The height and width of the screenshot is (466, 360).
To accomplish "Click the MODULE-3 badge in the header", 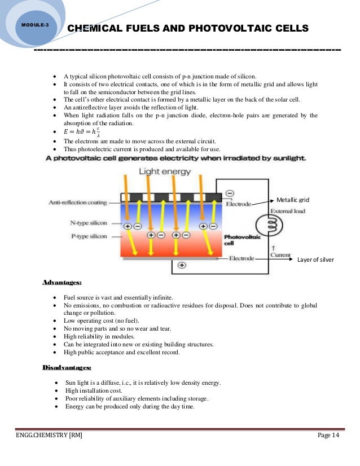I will (36, 26).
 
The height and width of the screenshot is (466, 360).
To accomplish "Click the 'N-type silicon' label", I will (92, 222).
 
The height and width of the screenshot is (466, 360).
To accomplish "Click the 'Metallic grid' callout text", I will (293, 200).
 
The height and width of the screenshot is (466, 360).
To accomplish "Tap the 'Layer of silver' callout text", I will (315, 260).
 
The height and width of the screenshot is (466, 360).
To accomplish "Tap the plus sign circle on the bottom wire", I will (182, 265).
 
